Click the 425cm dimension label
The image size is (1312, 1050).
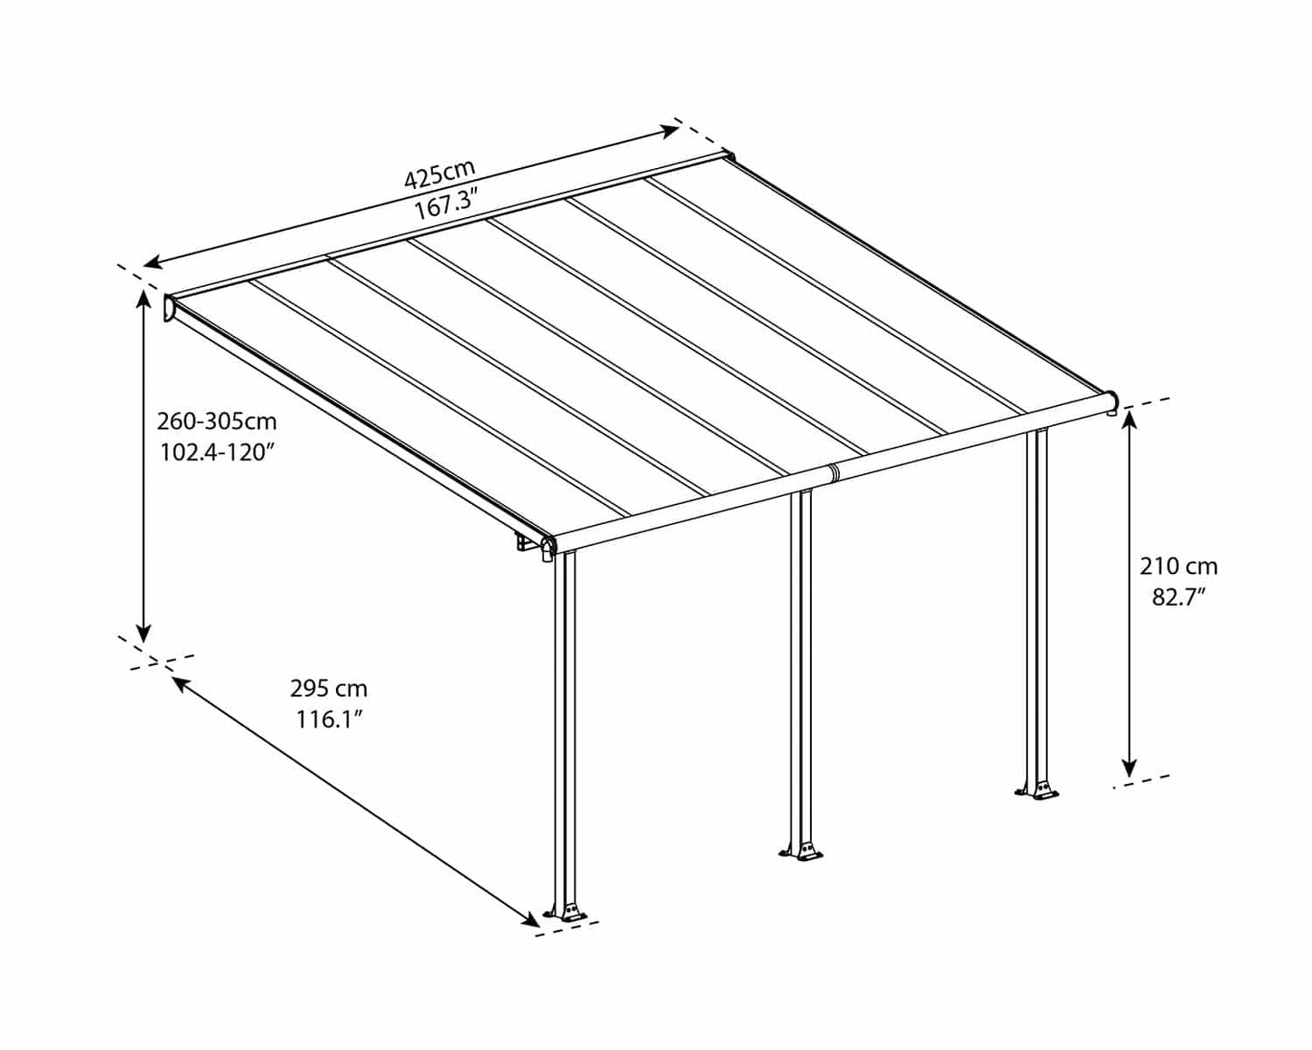439,173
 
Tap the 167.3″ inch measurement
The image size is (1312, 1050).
446,205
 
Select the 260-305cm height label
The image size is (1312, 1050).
217,421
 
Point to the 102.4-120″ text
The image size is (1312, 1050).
217,452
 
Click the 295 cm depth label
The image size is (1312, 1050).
329,688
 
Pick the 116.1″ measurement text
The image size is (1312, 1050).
329,719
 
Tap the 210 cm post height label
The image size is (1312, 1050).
1179,567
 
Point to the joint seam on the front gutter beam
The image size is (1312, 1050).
833,472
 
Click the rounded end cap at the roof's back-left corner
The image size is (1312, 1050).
170,308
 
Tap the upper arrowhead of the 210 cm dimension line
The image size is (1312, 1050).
1130,420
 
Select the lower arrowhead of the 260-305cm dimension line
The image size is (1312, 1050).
143,632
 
